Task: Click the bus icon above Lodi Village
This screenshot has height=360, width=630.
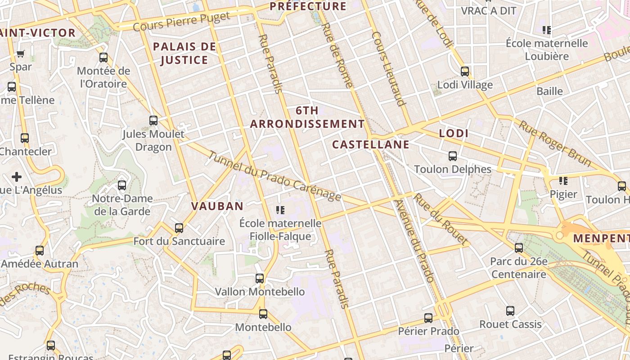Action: click(x=465, y=72)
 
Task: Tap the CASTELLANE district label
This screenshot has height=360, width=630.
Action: click(x=371, y=144)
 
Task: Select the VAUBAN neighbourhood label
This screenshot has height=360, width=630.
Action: click(x=217, y=206)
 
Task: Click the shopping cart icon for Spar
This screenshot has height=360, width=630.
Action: click(x=20, y=54)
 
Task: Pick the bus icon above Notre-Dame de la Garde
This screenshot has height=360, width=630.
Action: click(x=121, y=185)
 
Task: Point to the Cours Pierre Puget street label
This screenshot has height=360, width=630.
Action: click(x=182, y=22)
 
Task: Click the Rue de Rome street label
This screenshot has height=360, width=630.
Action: click(x=337, y=56)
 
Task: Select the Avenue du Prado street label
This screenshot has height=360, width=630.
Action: click(x=414, y=241)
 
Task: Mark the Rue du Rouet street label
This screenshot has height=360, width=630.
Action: click(x=441, y=219)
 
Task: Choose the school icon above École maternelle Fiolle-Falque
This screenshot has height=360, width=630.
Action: click(x=280, y=210)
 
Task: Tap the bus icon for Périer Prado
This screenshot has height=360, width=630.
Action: click(x=428, y=318)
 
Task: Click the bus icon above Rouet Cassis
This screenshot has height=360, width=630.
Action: click(x=510, y=311)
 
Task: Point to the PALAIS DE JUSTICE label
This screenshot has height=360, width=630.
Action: click(x=184, y=53)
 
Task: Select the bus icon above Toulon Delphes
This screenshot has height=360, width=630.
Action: click(x=453, y=156)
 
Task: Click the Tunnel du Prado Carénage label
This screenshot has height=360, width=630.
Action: click(x=275, y=175)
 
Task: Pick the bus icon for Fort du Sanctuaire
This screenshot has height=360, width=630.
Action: click(x=179, y=228)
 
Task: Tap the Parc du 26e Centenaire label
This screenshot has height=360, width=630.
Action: click(x=518, y=268)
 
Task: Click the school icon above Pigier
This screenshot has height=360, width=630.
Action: click(x=563, y=181)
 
